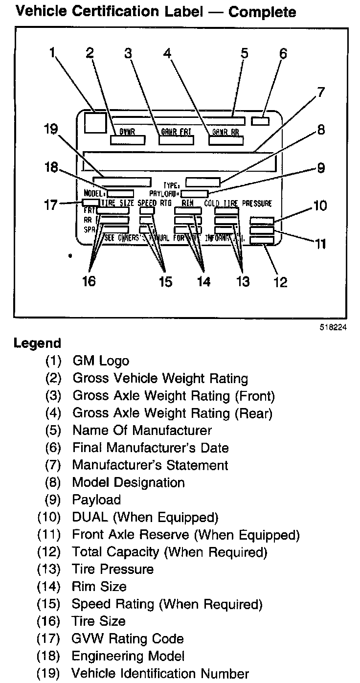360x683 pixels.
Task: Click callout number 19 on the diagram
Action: click(x=50, y=130)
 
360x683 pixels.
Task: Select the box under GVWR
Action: click(x=127, y=140)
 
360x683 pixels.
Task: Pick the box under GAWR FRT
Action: click(x=176, y=140)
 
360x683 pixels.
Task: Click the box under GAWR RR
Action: click(x=226, y=140)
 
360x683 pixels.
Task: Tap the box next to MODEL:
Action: click(x=121, y=193)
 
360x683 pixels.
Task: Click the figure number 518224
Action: click(x=334, y=328)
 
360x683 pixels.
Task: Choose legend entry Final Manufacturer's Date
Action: click(x=151, y=447)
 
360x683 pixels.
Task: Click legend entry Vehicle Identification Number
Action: click(x=160, y=673)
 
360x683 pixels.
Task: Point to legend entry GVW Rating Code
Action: click(x=128, y=638)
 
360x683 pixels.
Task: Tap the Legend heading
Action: click(x=38, y=343)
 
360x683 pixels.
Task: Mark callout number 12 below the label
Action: click(x=280, y=282)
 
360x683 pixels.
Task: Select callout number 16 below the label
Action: click(x=89, y=281)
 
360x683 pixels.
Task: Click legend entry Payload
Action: click(x=96, y=500)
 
